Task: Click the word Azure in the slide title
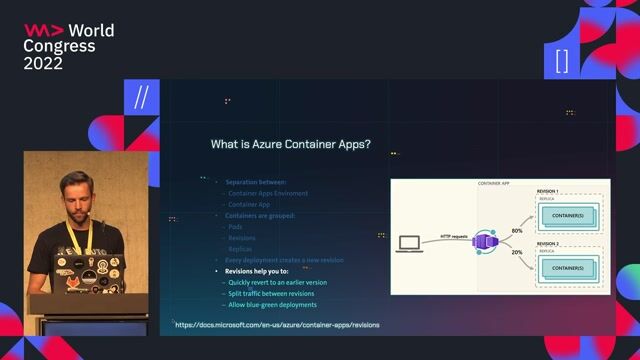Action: [273, 144]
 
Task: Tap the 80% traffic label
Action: [517, 231]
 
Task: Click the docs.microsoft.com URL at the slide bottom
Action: [276, 325]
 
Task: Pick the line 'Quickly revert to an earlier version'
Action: [277, 282]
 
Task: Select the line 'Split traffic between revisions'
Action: [273, 293]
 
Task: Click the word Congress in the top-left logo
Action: [59, 46]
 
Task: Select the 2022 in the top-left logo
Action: [43, 63]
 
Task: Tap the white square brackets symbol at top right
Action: [561, 61]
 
